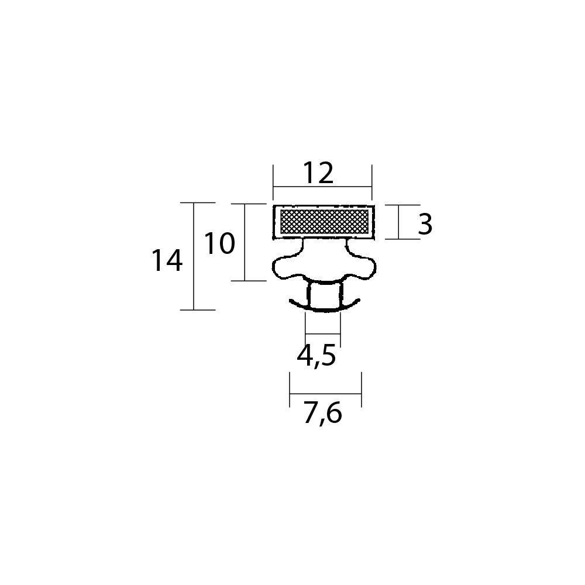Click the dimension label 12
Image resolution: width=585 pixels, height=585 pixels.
click(x=318, y=173)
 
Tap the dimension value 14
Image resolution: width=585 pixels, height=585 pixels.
click(x=167, y=260)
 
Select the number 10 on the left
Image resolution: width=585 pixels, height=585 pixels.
click(x=220, y=243)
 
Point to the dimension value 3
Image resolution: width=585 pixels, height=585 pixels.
click(x=425, y=224)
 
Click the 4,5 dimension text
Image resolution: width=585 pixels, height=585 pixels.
click(x=316, y=356)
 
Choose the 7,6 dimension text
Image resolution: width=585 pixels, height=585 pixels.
click(x=323, y=414)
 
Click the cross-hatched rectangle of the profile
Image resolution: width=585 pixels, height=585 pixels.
click(x=324, y=221)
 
